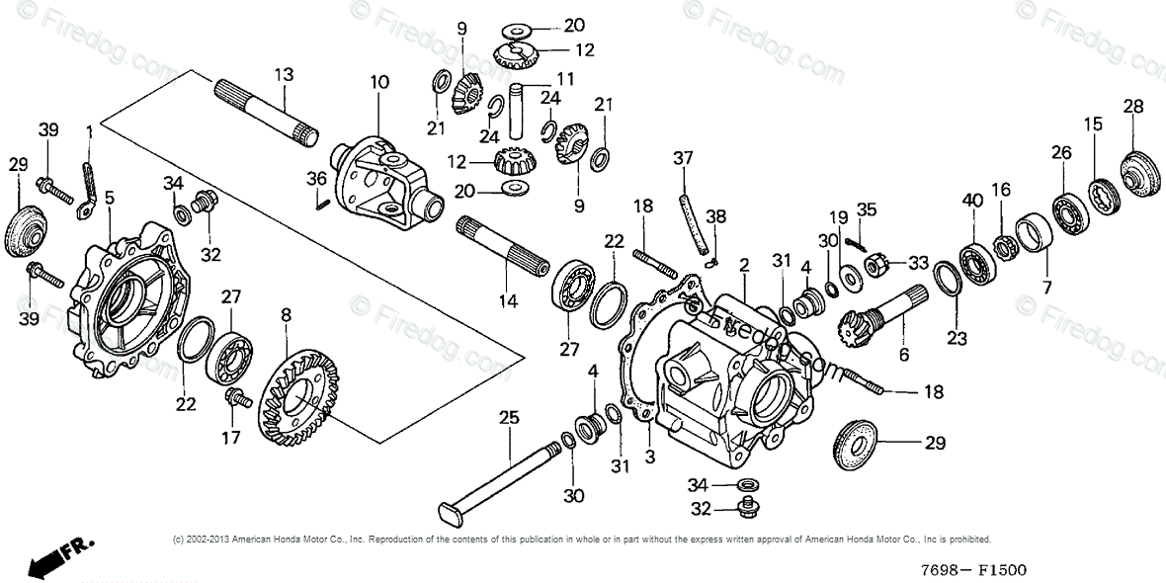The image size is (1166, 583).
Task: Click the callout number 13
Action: pos(284,74)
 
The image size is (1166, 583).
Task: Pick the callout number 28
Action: pos(1132,107)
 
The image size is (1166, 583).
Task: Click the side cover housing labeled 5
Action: pos(124,301)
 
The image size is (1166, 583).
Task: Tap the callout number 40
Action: pos(972,201)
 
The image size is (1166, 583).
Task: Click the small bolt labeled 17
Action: pos(238,399)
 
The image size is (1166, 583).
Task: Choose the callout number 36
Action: pos(316,179)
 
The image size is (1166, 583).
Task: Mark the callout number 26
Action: pos(1060,153)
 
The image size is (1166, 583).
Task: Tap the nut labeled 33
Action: pos(875,264)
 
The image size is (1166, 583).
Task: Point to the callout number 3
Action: pos(649,457)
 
